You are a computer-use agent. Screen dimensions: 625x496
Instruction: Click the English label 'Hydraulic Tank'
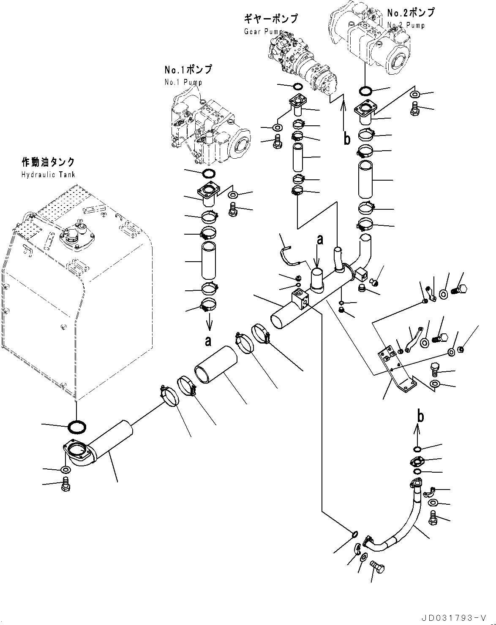48,174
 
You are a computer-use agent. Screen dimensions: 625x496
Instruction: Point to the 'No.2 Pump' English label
406,25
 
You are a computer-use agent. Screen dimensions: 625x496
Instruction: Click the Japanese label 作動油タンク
48,162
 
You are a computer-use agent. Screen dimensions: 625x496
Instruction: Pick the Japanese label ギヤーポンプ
270,19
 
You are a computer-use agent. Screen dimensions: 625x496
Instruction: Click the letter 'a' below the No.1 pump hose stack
207,341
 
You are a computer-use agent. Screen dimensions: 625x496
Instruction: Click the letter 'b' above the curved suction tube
420,417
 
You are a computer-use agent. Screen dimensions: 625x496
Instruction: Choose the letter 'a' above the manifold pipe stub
320,240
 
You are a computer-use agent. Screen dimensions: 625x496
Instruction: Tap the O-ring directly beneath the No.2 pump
365,91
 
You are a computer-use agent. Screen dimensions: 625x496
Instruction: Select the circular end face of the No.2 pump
398,61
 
